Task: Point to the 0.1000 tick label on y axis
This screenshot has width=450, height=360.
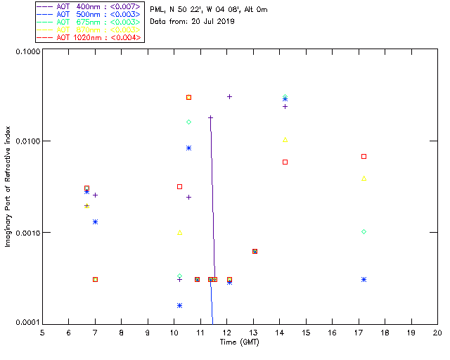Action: click(x=26, y=52)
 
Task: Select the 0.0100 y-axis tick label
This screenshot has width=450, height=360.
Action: click(x=26, y=142)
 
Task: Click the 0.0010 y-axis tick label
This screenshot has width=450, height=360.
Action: click(x=26, y=232)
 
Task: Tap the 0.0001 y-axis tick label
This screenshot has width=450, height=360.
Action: click(x=26, y=322)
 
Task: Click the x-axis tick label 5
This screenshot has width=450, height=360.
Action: click(x=42, y=332)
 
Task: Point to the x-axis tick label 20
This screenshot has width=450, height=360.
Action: click(x=437, y=332)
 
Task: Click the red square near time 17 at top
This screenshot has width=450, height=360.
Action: click(x=364, y=156)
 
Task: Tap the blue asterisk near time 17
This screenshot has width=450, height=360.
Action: click(x=364, y=279)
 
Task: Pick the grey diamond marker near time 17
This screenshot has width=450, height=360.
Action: click(x=364, y=231)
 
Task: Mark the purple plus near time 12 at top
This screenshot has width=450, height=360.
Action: click(x=229, y=96)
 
